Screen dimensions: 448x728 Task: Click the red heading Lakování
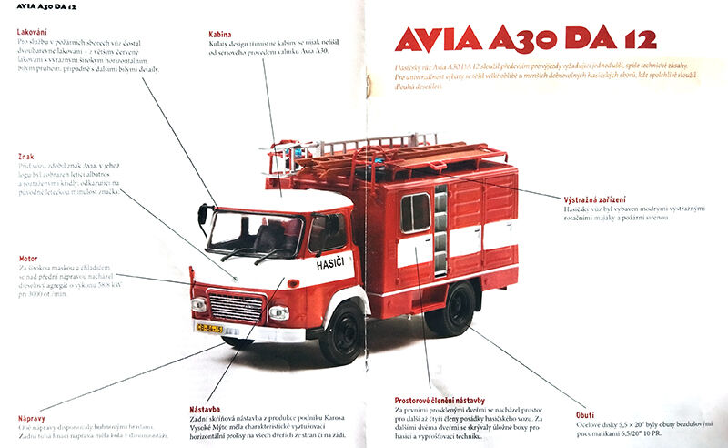pyautogui.click(x=32, y=32)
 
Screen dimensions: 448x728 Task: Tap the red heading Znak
pyautogui.click(x=25, y=157)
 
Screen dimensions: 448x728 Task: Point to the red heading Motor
pyautogui.click(x=28, y=257)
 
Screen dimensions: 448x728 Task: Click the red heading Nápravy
pyautogui.click(x=32, y=417)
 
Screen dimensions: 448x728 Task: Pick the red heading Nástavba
pyautogui.click(x=205, y=410)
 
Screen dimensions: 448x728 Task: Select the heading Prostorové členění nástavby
pyautogui.click(x=440, y=400)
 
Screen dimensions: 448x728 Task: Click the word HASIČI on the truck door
pyautogui.click(x=332, y=263)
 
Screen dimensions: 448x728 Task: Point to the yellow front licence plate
pyautogui.click(x=209, y=328)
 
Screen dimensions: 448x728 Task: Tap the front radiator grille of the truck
pyautogui.click(x=237, y=308)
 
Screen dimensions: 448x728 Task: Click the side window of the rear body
pyautogui.click(x=415, y=212)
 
